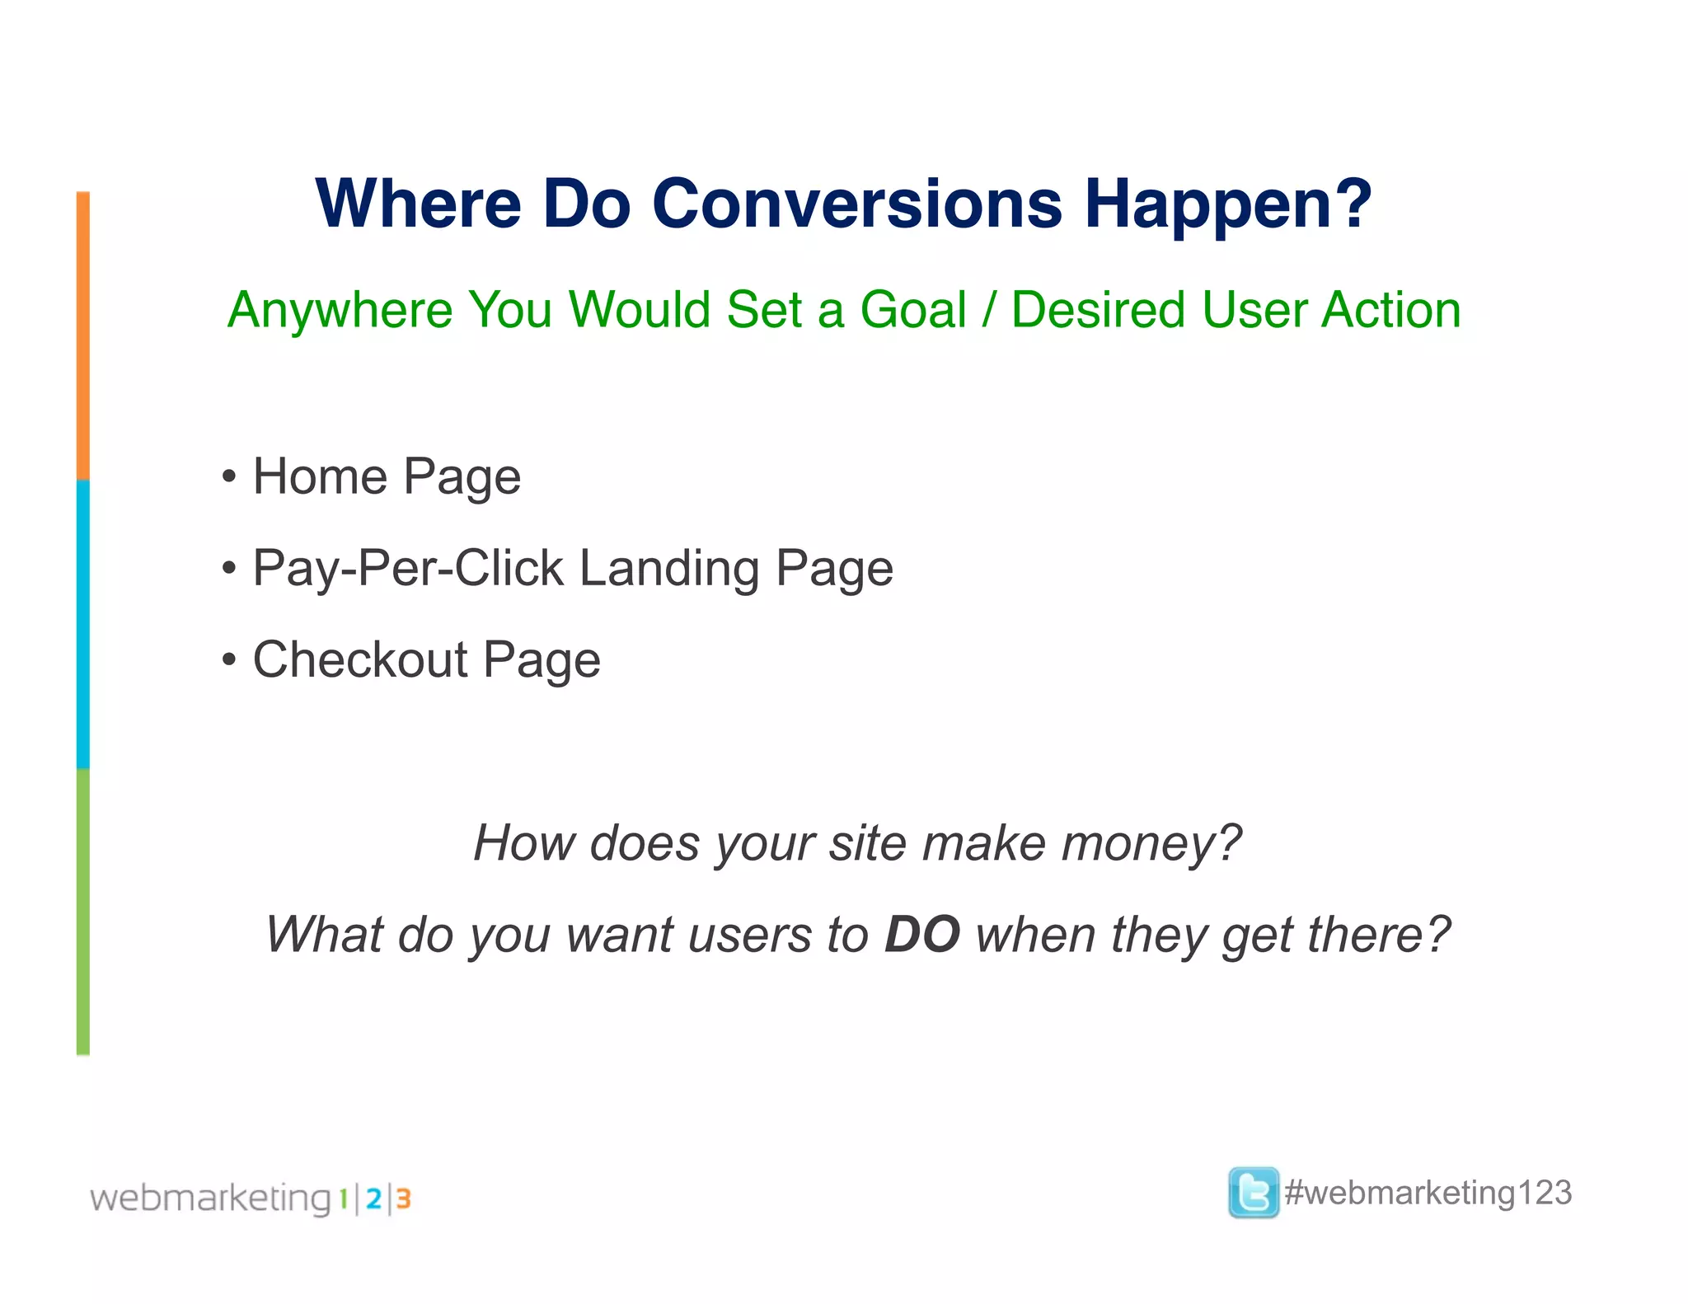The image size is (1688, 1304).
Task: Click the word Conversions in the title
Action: pyautogui.click(x=857, y=204)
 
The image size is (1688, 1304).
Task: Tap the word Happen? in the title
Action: pyautogui.click(x=1227, y=204)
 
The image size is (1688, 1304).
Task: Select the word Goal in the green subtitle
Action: pyautogui.click(x=912, y=310)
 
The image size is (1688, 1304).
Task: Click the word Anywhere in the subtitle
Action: pyautogui.click(x=340, y=310)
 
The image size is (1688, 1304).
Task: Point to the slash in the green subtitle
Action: pyautogui.click(x=989, y=310)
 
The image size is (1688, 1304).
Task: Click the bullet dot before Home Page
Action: pyautogui.click(x=229, y=477)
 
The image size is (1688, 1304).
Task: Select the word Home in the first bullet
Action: pyautogui.click(x=320, y=476)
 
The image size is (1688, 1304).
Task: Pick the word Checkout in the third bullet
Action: pyautogui.click(x=360, y=659)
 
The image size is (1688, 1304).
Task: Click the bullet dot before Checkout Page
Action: pyautogui.click(x=229, y=660)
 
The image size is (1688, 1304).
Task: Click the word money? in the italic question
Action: pyautogui.click(x=1151, y=843)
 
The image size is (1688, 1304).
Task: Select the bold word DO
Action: pyautogui.click(x=921, y=935)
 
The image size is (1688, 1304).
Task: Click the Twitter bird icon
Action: pyautogui.click(x=1253, y=1192)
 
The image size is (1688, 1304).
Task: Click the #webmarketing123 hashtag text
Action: pyautogui.click(x=1428, y=1193)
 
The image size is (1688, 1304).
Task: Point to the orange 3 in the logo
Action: pyautogui.click(x=403, y=1198)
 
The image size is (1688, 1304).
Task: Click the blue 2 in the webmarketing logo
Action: pyautogui.click(x=373, y=1198)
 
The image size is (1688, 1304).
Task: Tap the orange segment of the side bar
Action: pyautogui.click(x=83, y=335)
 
